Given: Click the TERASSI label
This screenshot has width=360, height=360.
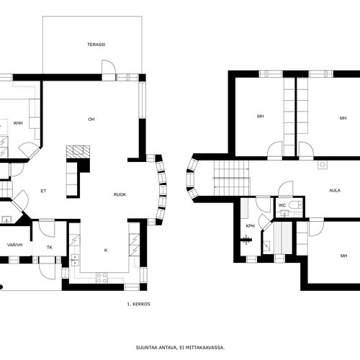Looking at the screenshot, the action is (96, 45).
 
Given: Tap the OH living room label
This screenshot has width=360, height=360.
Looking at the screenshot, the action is (91, 120).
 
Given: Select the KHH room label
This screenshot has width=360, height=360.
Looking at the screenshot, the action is (18, 123).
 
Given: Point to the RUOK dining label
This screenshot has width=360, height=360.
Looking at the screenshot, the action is (120, 194).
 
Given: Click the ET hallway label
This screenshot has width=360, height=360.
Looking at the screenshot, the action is (43, 191).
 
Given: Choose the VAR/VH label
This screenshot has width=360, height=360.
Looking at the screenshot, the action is (15, 245).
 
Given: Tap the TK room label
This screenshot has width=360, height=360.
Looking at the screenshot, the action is (50, 248).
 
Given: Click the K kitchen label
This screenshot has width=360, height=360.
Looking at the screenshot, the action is (106, 250).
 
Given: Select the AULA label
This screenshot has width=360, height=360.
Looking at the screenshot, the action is (335, 191).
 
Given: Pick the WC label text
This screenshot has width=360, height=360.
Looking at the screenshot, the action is (282, 205).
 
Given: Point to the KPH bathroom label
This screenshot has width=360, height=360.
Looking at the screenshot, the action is (250, 226).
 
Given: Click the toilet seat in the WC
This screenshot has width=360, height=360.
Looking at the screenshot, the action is (295, 204).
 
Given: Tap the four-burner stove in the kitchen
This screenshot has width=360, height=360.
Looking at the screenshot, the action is (102, 278).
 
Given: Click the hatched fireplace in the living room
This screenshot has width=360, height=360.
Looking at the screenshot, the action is (78, 152).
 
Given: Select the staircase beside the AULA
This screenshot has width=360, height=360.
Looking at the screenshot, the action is (231, 179).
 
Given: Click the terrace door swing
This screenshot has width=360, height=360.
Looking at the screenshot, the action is (109, 67).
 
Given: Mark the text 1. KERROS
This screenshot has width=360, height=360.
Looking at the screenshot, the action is (138, 304).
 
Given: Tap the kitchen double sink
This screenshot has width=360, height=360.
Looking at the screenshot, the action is (75, 260).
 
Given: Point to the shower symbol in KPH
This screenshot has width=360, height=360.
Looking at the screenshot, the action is (246, 239).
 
